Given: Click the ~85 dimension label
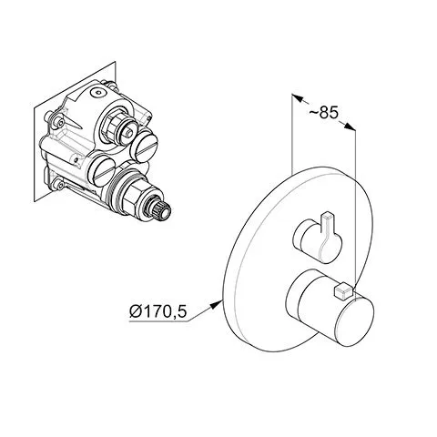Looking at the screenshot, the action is point(323,113).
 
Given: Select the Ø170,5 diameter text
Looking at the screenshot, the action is point(158,311).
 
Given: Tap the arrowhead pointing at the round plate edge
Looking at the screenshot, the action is point(216,303).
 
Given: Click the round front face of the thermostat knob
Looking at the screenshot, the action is point(354,321).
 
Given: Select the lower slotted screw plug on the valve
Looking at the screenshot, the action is point(102,171).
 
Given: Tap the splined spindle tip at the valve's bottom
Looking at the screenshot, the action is point(163,211).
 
